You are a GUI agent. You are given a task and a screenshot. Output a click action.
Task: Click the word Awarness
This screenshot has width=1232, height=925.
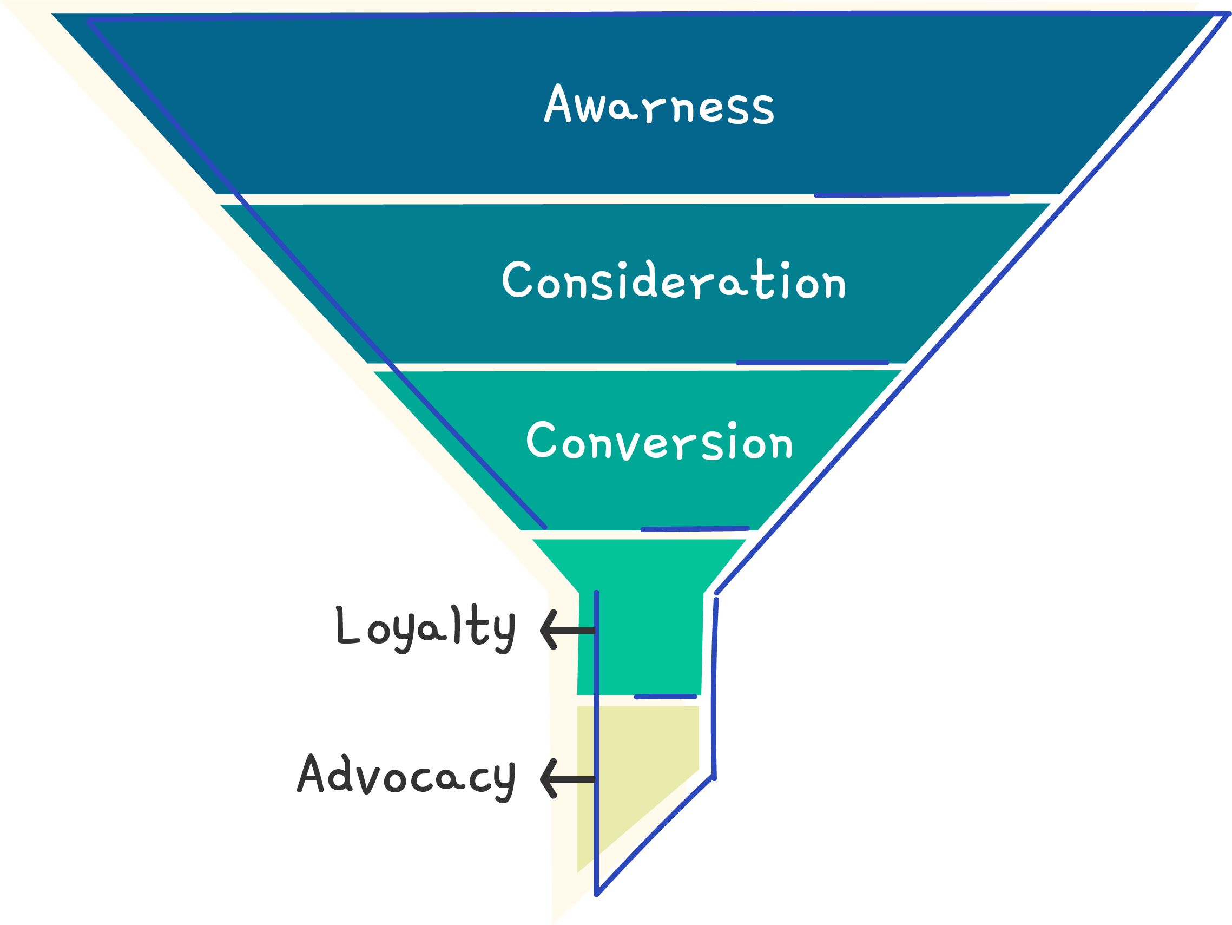pos(659,104)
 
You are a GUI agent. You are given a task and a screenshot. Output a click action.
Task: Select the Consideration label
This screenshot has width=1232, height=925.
pos(674,280)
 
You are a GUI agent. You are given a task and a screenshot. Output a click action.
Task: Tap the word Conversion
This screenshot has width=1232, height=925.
pos(660,441)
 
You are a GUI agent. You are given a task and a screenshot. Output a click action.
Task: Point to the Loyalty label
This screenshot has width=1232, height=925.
pos(426,628)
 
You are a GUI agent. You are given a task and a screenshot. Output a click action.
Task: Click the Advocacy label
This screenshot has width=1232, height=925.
pos(406,776)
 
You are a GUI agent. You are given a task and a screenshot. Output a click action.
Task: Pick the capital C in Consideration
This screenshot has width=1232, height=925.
pos(517,279)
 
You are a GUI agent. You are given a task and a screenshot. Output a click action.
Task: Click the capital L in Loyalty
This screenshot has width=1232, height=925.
pos(347,625)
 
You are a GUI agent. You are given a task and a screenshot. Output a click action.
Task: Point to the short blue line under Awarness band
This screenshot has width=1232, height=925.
pos(911,195)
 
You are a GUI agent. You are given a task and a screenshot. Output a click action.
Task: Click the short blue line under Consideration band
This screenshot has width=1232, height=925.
pos(812,363)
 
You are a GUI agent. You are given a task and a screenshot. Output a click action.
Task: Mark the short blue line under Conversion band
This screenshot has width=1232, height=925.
pos(695,528)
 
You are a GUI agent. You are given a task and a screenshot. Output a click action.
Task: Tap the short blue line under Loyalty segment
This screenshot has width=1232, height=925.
pos(665,697)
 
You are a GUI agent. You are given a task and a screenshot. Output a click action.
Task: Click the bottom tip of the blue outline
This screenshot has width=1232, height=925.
pos(596,894)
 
